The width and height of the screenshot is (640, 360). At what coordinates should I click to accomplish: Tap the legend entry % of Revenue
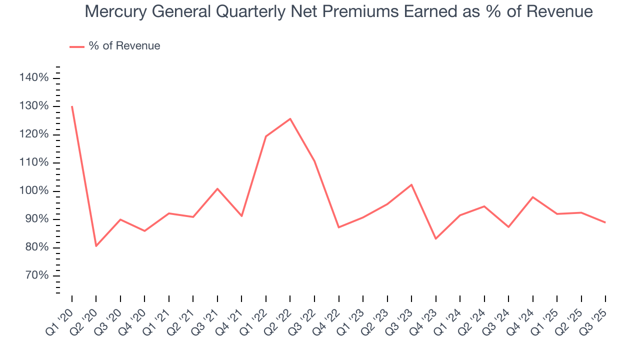(124, 46)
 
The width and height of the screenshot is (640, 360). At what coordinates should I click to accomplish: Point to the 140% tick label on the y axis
(34, 77)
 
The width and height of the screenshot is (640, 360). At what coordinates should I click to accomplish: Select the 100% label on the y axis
(34, 191)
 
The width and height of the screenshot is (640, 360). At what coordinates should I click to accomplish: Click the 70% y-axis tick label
(36, 276)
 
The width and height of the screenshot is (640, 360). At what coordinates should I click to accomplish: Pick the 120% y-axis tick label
(34, 134)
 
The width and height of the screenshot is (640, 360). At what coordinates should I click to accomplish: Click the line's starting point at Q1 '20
(72, 106)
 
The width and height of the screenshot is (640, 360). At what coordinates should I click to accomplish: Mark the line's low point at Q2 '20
(96, 246)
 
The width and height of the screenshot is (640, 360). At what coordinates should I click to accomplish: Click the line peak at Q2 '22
(290, 118)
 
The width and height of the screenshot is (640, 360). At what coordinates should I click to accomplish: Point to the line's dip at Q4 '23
(435, 238)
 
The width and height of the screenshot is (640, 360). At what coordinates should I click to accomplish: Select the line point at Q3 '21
(217, 188)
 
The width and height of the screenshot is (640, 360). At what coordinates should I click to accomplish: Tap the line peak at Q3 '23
(411, 184)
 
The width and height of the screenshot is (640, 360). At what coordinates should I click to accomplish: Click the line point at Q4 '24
(533, 197)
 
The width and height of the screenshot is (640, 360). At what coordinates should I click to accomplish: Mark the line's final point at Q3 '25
(605, 222)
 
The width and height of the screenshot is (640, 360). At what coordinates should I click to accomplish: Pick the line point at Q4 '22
(339, 227)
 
